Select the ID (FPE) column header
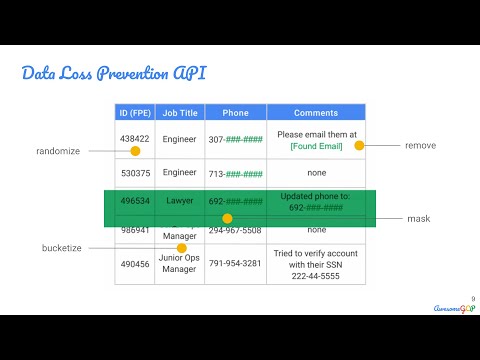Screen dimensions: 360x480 click(134, 113)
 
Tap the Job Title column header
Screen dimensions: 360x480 click(179, 113)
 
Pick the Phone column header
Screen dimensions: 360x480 click(235, 113)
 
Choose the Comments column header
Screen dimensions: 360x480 click(316, 113)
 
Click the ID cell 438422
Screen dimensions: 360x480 click(134, 139)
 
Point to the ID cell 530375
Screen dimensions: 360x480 click(134, 172)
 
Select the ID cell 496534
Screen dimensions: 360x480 click(134, 201)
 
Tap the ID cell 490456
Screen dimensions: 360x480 click(134, 264)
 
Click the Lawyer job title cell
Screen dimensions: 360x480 click(179, 201)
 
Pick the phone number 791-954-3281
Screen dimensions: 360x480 click(235, 264)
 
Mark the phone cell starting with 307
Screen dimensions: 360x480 click(235, 139)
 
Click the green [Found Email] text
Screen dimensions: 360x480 click(316, 146)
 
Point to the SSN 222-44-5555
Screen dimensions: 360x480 click(316, 275)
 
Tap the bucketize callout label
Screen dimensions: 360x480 click(61, 247)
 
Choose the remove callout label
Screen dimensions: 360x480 click(420, 146)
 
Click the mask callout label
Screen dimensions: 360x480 click(418, 218)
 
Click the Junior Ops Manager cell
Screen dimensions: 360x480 click(179, 264)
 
